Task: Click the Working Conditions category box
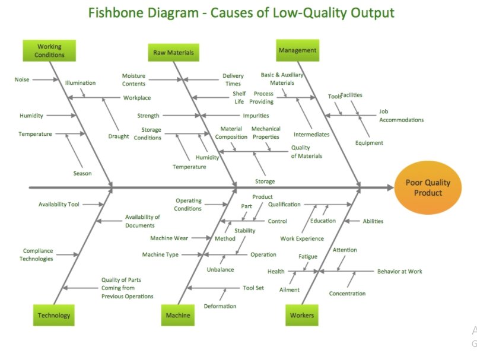click(49, 50)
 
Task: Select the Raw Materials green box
click(173, 52)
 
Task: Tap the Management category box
click(297, 50)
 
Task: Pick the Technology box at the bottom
click(54, 316)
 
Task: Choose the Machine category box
click(178, 316)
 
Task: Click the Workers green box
click(301, 316)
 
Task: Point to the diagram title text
click(241, 13)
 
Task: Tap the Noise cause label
click(22, 79)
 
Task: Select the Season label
click(82, 173)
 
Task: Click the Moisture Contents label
click(133, 80)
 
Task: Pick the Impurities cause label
click(256, 116)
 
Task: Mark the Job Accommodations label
click(401, 116)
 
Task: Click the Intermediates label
click(311, 135)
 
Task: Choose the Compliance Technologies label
click(36, 254)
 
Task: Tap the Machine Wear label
click(169, 238)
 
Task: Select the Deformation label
click(220, 306)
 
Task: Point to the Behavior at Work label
click(399, 272)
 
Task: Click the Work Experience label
click(302, 238)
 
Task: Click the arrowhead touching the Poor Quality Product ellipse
click(389, 187)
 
